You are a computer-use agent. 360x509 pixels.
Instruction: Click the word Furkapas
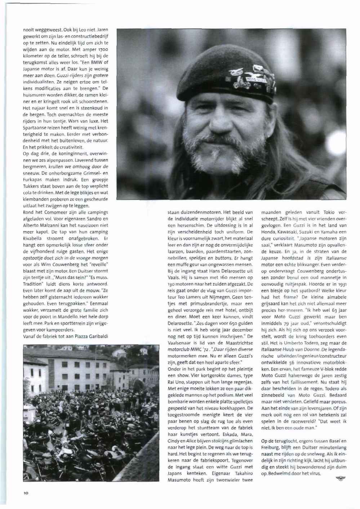pos(33,179)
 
